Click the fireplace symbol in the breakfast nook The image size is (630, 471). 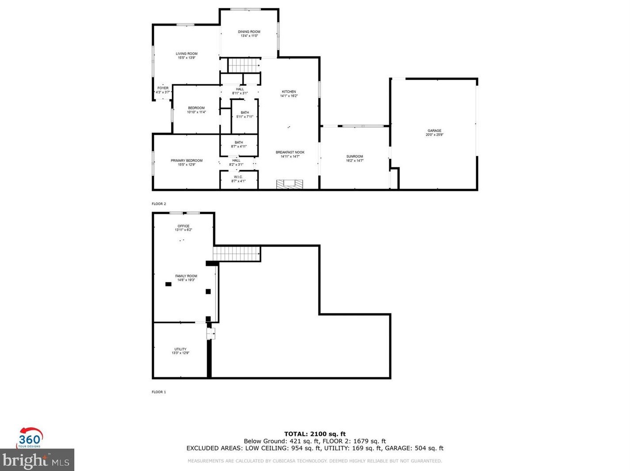coord(290,184)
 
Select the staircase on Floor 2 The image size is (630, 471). coord(243,65)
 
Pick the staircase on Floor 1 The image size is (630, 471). coord(236,254)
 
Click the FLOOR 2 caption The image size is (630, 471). coord(159,204)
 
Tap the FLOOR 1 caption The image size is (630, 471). coord(159,392)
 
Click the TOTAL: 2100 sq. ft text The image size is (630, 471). coord(315,434)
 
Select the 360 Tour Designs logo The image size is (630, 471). coord(30,438)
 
